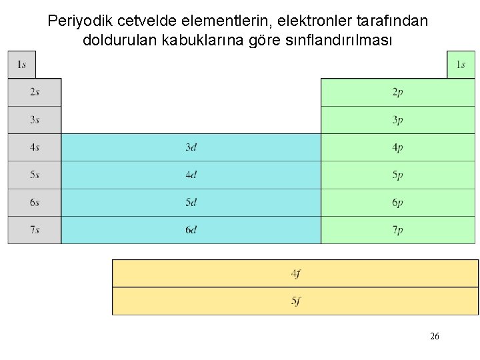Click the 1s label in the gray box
(x=21, y=65)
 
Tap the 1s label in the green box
(x=461, y=65)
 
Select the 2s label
(x=35, y=92)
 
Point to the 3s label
(x=35, y=120)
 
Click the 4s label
(x=35, y=147)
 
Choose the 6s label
(x=35, y=202)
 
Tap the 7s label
(x=35, y=229)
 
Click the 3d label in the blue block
(x=191, y=147)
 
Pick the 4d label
(x=191, y=175)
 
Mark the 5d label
(x=191, y=202)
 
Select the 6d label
(x=191, y=229)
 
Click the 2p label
(x=397, y=93)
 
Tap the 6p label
(x=397, y=203)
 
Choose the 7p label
(x=397, y=230)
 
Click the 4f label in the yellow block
(x=295, y=273)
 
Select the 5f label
(x=295, y=301)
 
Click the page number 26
(x=435, y=337)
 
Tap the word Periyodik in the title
(x=75, y=21)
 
